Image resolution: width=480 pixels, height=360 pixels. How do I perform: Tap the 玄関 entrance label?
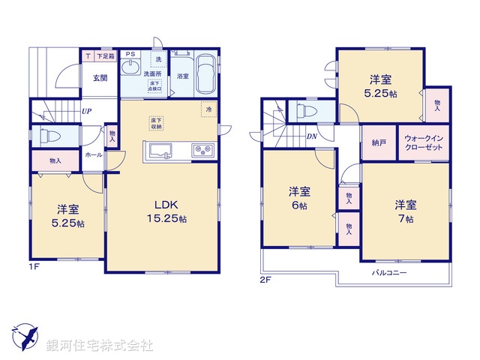100,77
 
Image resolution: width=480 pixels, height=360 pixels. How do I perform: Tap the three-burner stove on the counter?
203,150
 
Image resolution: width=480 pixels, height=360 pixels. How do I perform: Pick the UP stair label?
87,113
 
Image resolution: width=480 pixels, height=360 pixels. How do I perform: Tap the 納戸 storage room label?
379,142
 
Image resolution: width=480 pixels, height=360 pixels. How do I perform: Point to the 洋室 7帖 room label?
406,211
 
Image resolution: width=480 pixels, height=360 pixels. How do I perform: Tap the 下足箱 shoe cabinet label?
105,55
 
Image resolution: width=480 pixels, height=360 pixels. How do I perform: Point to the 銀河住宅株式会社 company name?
100,346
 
